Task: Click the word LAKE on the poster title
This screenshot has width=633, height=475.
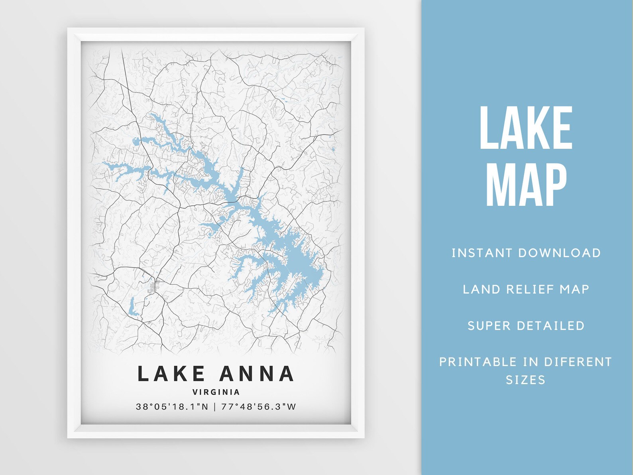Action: (x=171, y=374)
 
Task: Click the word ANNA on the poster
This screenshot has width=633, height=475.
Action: (x=257, y=374)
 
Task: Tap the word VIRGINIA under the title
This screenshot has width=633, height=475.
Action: (x=216, y=392)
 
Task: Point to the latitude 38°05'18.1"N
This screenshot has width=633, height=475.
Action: (x=172, y=407)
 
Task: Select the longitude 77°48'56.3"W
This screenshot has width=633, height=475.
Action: (x=259, y=407)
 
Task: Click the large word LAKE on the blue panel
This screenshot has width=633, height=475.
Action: (x=526, y=128)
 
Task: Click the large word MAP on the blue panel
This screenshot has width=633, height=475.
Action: (x=526, y=185)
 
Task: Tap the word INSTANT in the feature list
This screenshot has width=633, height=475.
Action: (x=482, y=253)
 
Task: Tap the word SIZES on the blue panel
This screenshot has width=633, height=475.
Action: (x=525, y=380)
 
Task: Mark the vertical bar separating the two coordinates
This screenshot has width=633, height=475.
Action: (x=215, y=407)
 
